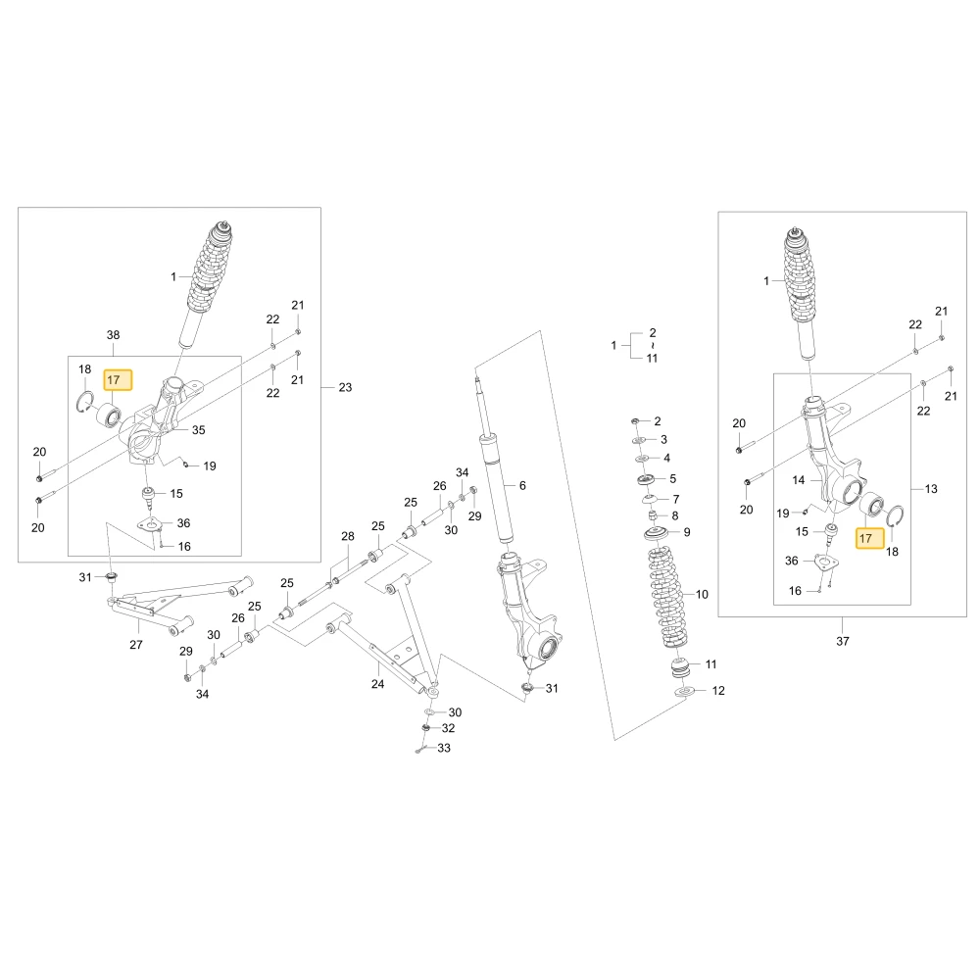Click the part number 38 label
tap(113, 335)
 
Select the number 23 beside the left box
tap(345, 387)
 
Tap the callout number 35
tap(199, 430)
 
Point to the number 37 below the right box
tap(843, 641)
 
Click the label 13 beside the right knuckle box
tap(931, 489)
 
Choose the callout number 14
tap(798, 480)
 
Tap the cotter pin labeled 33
tap(420, 749)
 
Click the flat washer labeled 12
tap(685, 691)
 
